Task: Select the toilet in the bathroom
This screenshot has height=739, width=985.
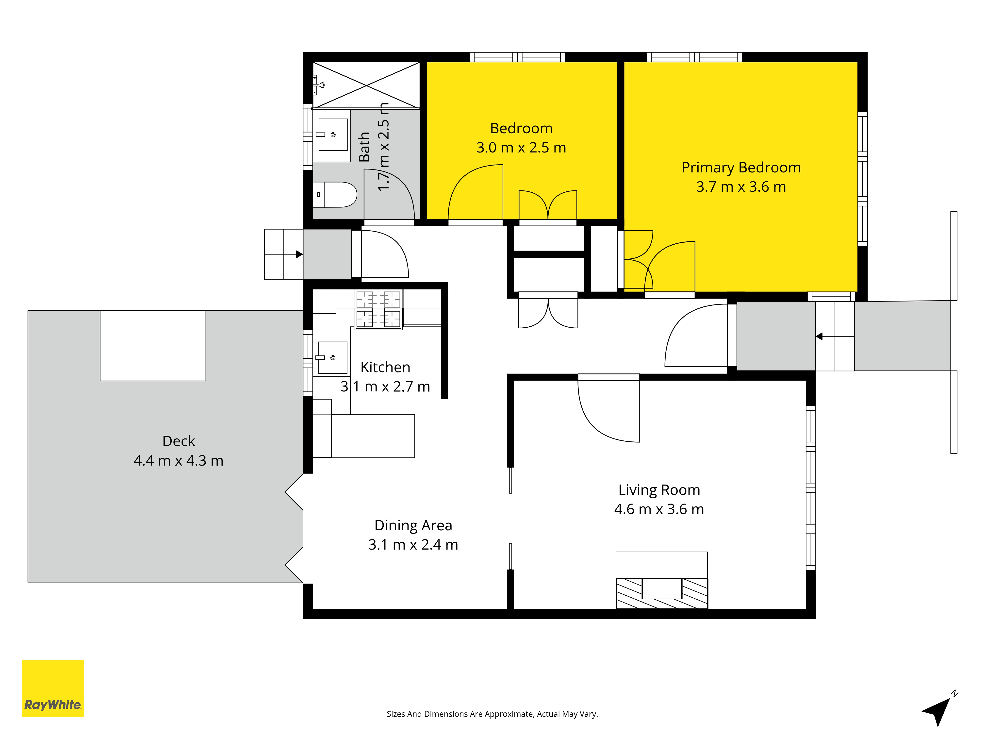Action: [x=335, y=195]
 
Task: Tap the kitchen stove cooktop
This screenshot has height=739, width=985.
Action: [x=378, y=310]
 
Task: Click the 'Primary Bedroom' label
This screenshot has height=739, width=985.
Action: [x=741, y=168]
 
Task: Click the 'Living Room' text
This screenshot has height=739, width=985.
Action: [x=659, y=490]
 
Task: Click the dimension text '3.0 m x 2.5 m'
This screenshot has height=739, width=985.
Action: [x=521, y=148]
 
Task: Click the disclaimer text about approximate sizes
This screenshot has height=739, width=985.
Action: [x=492, y=714]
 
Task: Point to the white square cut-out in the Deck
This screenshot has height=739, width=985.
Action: [x=153, y=346]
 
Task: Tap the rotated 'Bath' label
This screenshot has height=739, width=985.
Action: [x=364, y=147]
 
